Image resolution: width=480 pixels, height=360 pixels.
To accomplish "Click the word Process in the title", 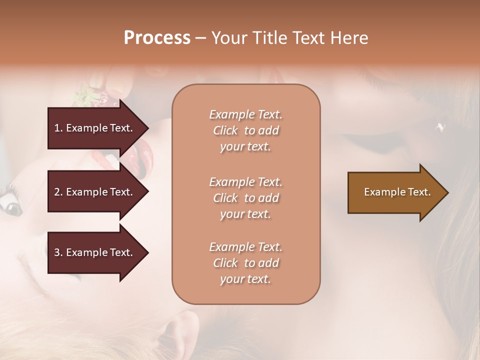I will pos(157,38).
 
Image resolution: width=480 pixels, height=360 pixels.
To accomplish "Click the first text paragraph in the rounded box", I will pos(245,130).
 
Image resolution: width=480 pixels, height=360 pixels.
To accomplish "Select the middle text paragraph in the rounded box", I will pos(245,198).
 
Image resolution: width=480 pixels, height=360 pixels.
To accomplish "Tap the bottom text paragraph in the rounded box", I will pos(245,263).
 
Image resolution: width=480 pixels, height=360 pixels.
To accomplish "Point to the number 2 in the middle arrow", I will pos(57,192).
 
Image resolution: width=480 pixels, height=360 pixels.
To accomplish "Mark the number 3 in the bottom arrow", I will pos(57,252).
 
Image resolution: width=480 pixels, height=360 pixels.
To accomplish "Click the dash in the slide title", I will pos(200,38).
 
